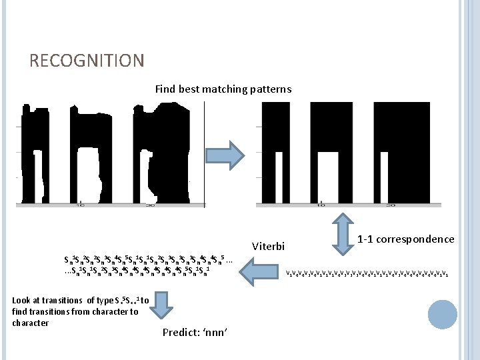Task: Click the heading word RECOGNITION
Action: [87, 61]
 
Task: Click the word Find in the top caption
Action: [165, 89]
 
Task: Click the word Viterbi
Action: [269, 246]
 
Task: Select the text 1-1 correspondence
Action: [405, 239]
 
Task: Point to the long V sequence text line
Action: [367, 273]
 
